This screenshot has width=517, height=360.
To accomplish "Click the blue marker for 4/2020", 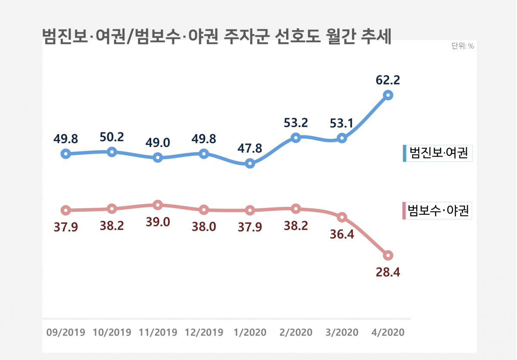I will [x=388, y=95].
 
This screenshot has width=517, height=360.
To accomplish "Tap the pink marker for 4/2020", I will [x=388, y=255].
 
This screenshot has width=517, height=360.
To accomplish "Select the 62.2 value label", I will [x=388, y=80].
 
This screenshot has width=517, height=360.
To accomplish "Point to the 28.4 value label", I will [x=388, y=272].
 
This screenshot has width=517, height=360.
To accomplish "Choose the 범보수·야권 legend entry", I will [x=437, y=211].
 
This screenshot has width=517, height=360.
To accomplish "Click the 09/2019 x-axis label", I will [x=65, y=332].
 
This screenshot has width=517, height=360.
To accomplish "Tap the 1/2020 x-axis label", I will [x=250, y=332].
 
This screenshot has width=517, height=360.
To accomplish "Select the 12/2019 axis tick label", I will [x=204, y=332].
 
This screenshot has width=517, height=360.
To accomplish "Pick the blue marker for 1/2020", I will [x=250, y=163].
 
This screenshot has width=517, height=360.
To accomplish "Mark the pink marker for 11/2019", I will [x=158, y=205].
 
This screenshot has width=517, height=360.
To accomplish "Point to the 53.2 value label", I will [x=296, y=123].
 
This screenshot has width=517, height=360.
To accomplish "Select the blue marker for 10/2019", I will [x=112, y=152].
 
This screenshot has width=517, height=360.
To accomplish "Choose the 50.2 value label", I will [x=112, y=137].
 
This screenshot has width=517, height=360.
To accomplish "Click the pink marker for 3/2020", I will [x=342, y=217].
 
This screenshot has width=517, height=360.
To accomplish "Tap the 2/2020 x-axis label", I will [x=296, y=332].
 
